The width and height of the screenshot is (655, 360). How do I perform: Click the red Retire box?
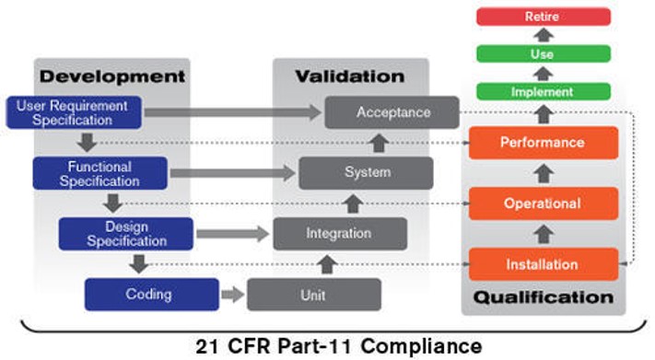(542, 17)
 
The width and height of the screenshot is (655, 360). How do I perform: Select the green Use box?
(542, 54)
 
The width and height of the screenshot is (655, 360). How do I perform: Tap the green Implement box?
(542, 92)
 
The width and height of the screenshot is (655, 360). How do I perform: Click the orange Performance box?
(542, 143)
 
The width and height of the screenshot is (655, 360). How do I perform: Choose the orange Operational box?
(542, 203)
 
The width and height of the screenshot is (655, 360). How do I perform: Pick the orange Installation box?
(542, 264)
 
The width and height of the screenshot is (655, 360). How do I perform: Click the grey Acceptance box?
(392, 112)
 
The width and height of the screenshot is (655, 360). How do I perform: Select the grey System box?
(367, 172)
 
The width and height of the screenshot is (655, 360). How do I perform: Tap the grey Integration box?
(340, 234)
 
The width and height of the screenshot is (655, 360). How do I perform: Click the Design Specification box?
(126, 234)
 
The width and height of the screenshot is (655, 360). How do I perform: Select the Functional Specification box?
(99, 173)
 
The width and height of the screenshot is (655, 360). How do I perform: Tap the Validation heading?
(349, 75)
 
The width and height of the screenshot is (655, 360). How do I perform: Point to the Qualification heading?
(542, 297)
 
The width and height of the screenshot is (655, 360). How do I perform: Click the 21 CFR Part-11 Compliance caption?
(338, 346)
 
